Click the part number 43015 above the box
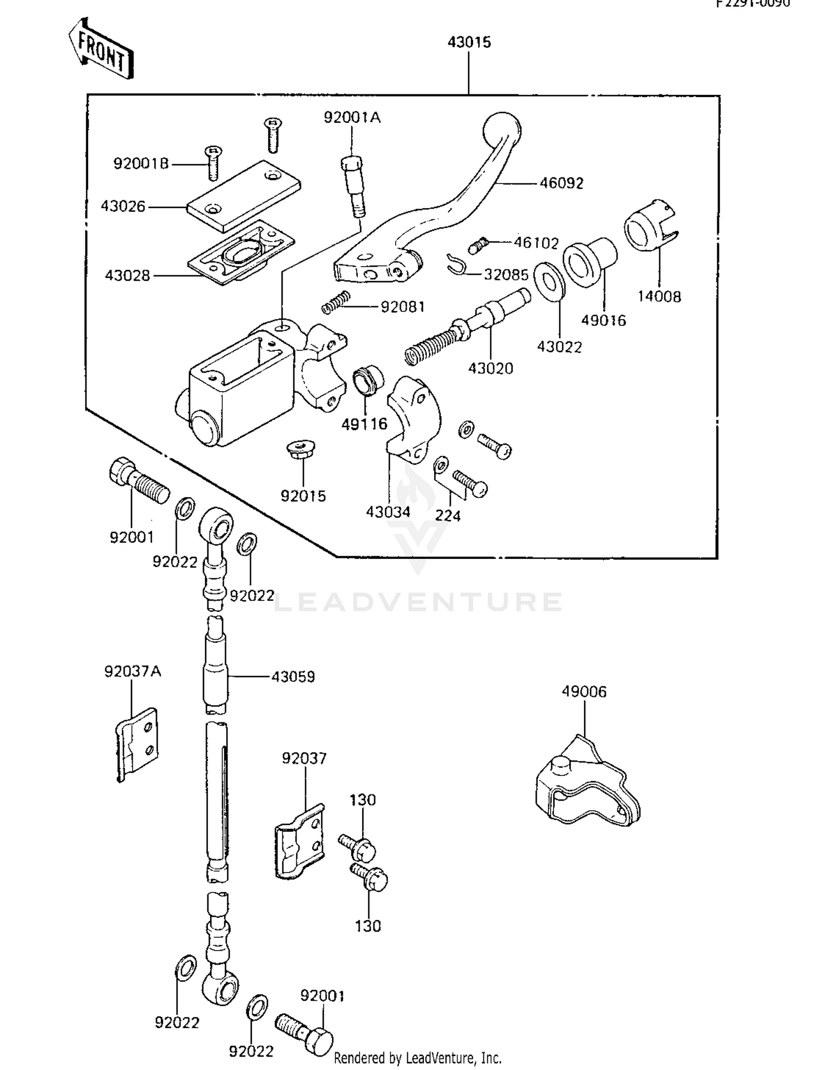pyautogui.click(x=469, y=42)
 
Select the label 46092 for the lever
pyautogui.click(x=561, y=183)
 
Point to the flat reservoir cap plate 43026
pyautogui.click(x=244, y=196)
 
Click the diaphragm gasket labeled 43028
pyautogui.click(x=241, y=252)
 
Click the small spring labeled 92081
pyautogui.click(x=336, y=302)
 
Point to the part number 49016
pyautogui.click(x=603, y=320)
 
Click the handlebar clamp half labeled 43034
pyautogui.click(x=414, y=418)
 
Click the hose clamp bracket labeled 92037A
pyautogui.click(x=137, y=744)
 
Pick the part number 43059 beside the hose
pyautogui.click(x=293, y=676)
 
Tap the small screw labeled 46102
pyautogui.click(x=479, y=245)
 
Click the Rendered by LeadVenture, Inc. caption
pyautogui.click(x=417, y=1058)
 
